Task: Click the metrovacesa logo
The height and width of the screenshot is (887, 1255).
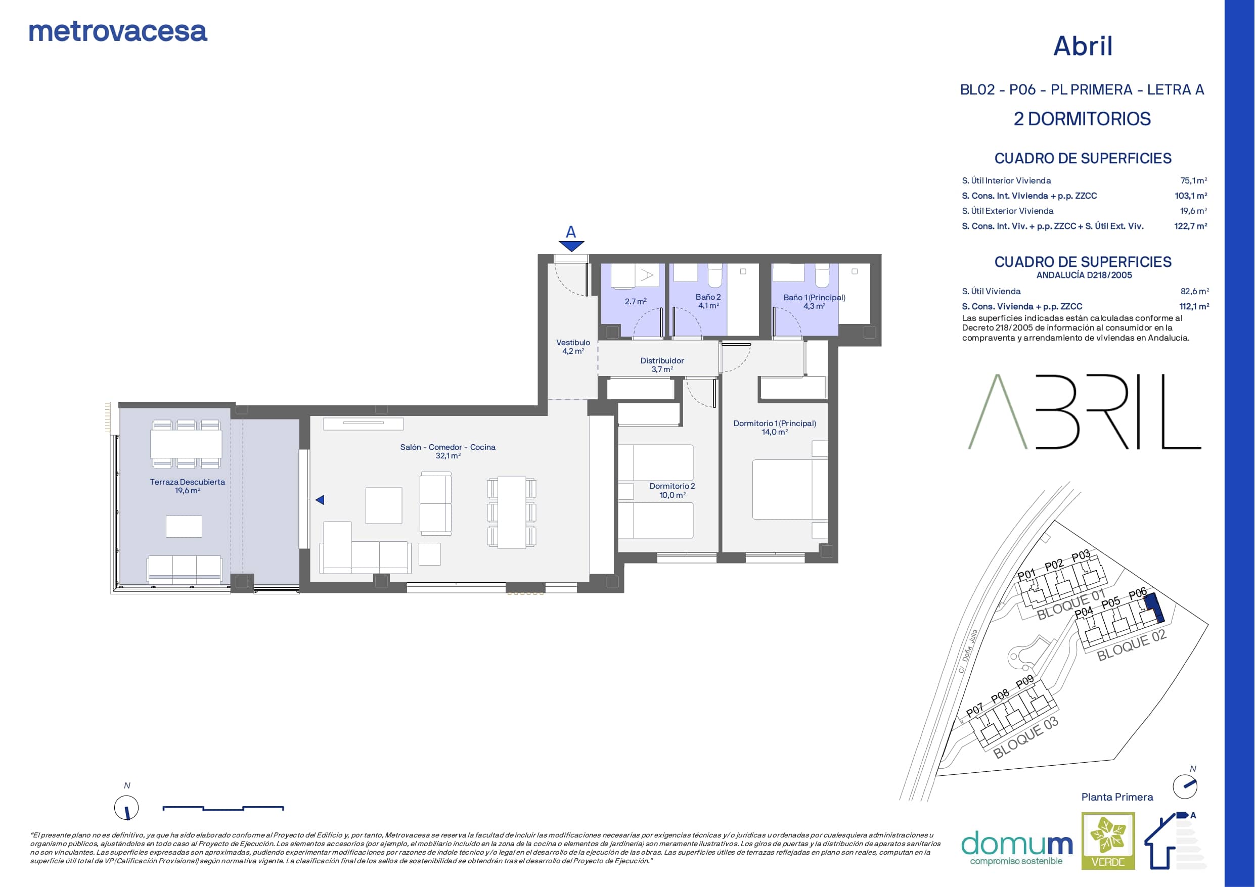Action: (118, 32)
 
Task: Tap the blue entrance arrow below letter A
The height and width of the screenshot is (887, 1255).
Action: (571, 247)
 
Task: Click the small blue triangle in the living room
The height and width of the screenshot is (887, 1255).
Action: (320, 499)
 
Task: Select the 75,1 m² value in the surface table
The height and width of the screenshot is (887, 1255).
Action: (1194, 180)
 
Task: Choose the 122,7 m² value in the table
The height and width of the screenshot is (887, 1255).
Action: (1190, 226)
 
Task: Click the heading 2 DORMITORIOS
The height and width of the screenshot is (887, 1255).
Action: (1082, 119)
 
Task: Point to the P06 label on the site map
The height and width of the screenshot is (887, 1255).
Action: (1137, 593)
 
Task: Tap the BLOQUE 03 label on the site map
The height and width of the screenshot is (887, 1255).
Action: (1025, 738)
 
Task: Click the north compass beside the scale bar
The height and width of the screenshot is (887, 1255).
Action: (126, 807)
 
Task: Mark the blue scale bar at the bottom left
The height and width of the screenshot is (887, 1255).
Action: (223, 808)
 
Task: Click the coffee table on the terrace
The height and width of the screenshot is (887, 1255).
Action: (184, 526)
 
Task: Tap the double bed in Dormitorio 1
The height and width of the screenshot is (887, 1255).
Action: (790, 489)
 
